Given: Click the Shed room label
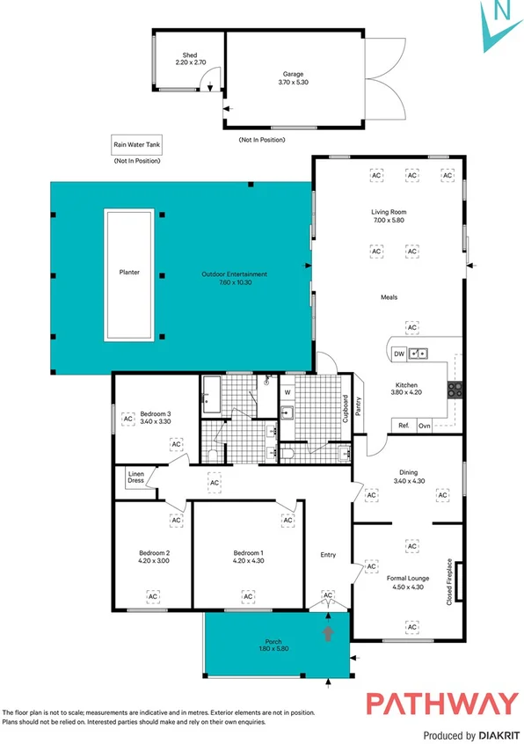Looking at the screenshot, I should [189, 55].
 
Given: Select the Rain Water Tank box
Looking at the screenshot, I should [135, 145].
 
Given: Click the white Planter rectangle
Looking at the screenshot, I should [130, 273].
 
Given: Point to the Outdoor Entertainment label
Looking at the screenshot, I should [233, 274].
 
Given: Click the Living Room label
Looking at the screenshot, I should [389, 212].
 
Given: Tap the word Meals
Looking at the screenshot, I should [389, 297].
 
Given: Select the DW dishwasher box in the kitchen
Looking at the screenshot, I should [399, 354].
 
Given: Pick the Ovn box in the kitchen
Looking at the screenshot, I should [425, 426].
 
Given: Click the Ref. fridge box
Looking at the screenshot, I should [404, 426].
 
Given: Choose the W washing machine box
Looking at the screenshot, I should [287, 392].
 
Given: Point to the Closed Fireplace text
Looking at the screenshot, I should [449, 581].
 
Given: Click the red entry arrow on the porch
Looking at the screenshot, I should [329, 633].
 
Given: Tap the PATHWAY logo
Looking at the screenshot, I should [441, 704].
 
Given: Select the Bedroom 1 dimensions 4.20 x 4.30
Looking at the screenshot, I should [248, 560].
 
